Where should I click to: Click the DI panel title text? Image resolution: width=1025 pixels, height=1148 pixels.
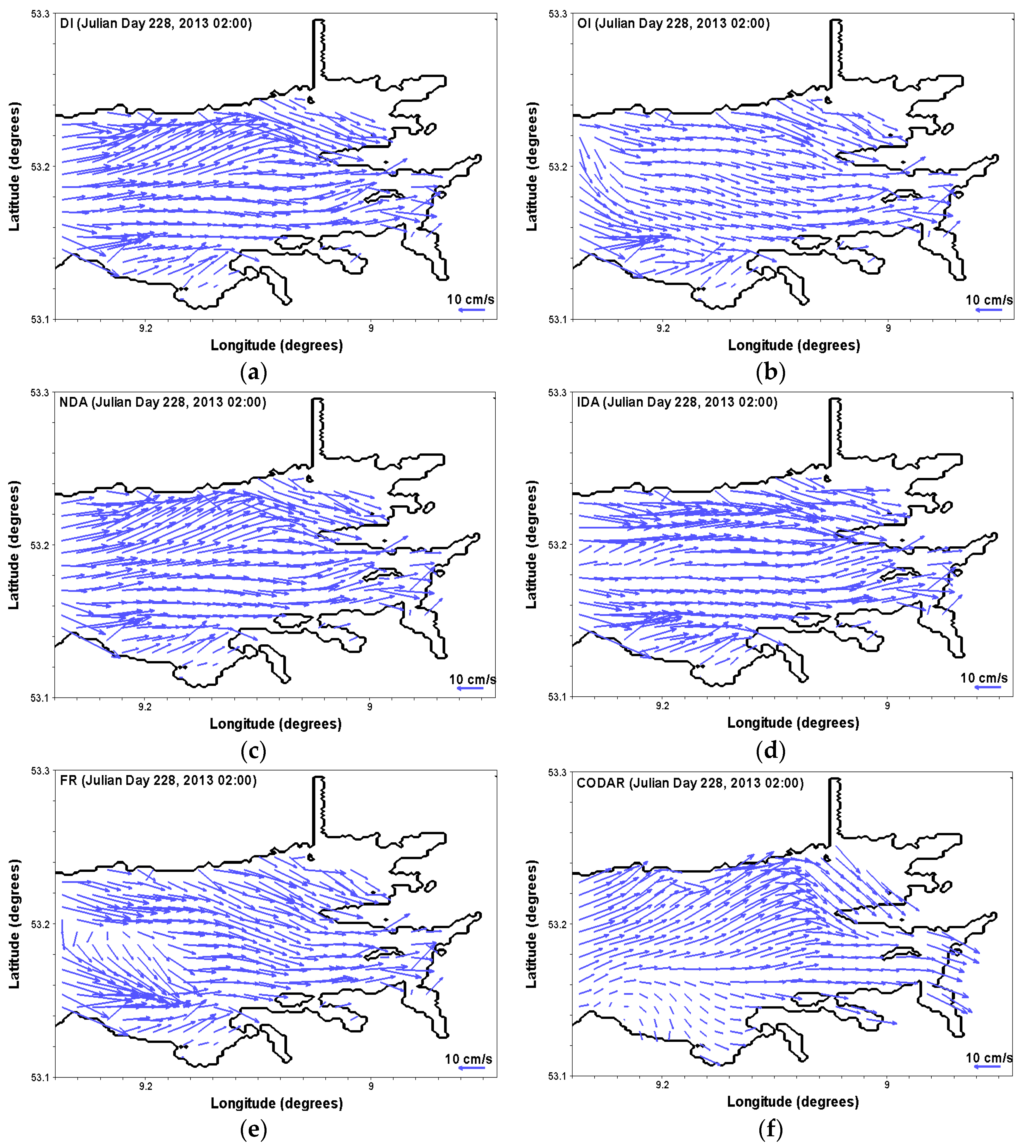pyautogui.click(x=156, y=24)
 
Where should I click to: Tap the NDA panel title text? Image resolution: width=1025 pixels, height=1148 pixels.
pyautogui.click(x=163, y=402)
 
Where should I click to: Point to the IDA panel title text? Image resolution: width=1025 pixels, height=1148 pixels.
pyautogui.click(x=677, y=402)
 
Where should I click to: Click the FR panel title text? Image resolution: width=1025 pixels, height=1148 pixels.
pyautogui.click(x=158, y=780)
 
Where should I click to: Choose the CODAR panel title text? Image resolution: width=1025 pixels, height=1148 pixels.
pyautogui.click(x=690, y=783)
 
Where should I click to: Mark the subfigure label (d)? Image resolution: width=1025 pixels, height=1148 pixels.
pyautogui.click(x=770, y=751)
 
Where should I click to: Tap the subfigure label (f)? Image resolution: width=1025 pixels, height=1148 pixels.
pyautogui.click(x=770, y=1129)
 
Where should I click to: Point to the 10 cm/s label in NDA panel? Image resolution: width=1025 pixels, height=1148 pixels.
pyautogui.click(x=472, y=679)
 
